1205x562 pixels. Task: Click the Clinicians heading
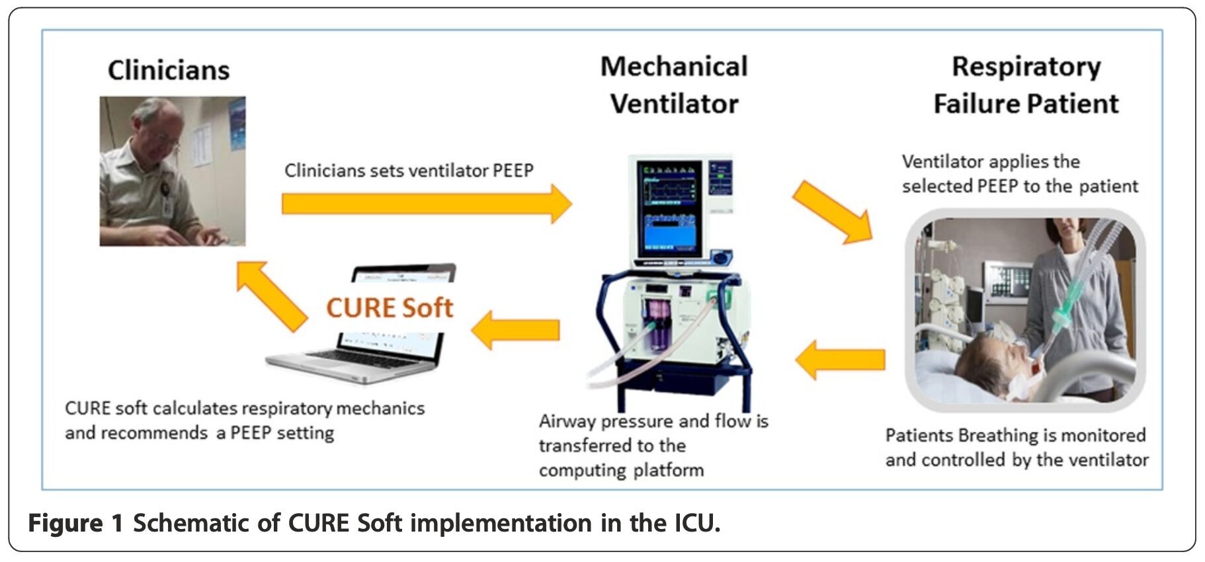pos(169,70)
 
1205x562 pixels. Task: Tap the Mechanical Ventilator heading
pos(674,85)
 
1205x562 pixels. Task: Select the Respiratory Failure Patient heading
pos(1026,85)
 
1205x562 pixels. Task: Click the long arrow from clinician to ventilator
pos(427,204)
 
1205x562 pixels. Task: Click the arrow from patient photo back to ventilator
pos(840,360)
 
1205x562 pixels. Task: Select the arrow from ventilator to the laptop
pos(515,330)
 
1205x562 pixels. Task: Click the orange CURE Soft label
pos(390,307)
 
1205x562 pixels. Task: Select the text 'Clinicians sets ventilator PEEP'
pos(409,171)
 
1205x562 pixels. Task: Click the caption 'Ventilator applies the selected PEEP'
pos(1020,174)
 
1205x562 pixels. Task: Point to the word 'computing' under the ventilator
pos(582,470)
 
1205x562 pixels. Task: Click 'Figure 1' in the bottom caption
pos(75,523)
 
